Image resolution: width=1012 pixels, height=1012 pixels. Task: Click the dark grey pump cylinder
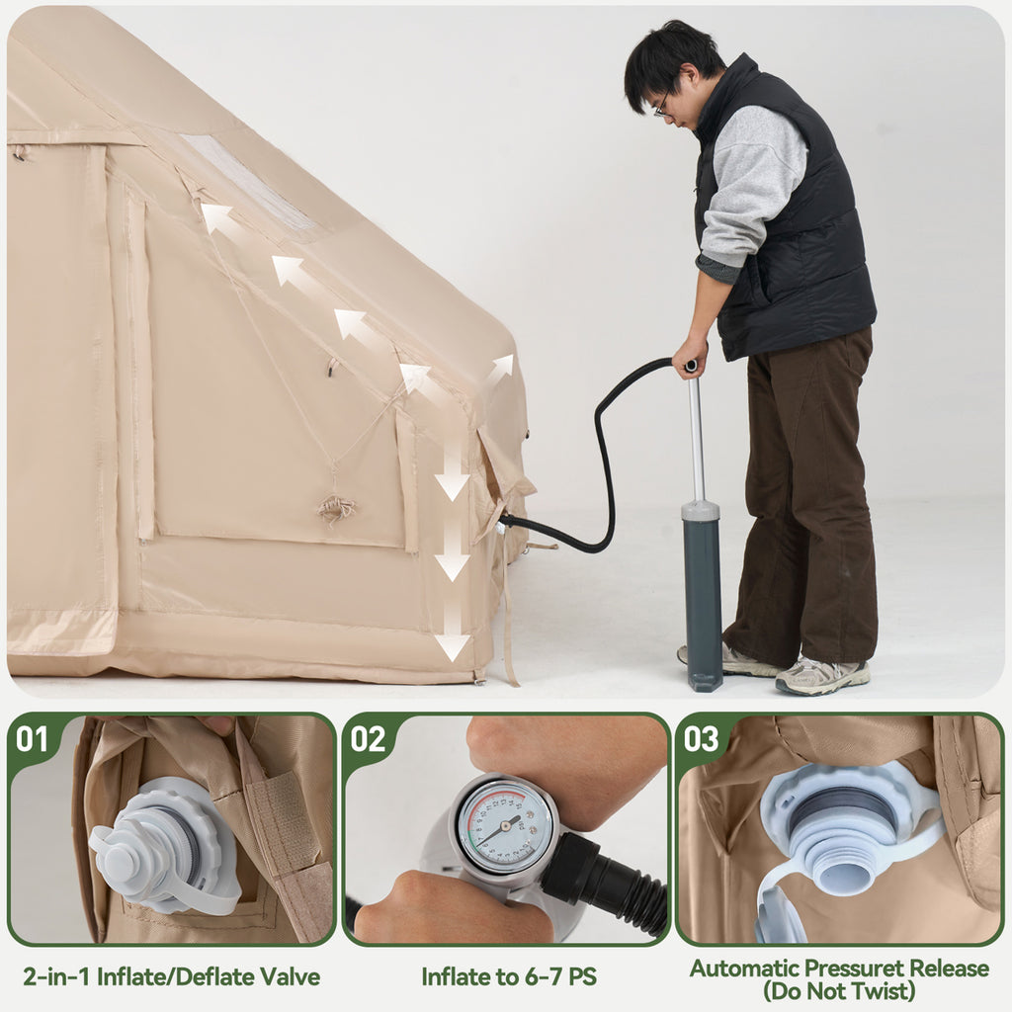(702, 594)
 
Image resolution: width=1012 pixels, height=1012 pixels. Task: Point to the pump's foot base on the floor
(703, 681)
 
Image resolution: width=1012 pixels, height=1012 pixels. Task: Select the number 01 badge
(33, 739)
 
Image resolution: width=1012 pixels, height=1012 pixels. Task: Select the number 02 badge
(368, 739)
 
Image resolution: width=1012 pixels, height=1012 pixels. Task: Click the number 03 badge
(701, 739)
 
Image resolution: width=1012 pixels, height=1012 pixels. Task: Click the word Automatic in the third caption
(743, 968)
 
